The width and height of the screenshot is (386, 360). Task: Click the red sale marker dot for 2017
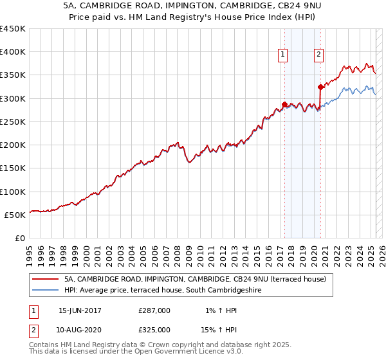pos(284,105)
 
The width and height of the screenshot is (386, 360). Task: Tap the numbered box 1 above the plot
pos(283,55)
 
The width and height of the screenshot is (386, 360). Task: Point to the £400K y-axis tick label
pos(13,52)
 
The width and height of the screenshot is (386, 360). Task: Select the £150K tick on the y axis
pos(13,168)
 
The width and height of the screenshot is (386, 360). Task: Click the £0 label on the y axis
pos(21,239)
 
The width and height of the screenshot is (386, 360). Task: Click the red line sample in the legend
pos(44,280)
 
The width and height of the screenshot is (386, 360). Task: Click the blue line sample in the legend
pos(44,291)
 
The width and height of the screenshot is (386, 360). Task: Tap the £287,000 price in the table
pos(154,310)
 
